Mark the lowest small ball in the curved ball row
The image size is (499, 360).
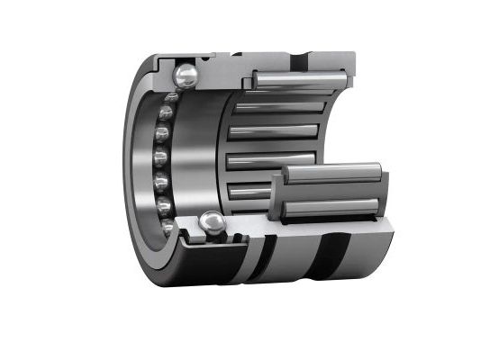point(168,228)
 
